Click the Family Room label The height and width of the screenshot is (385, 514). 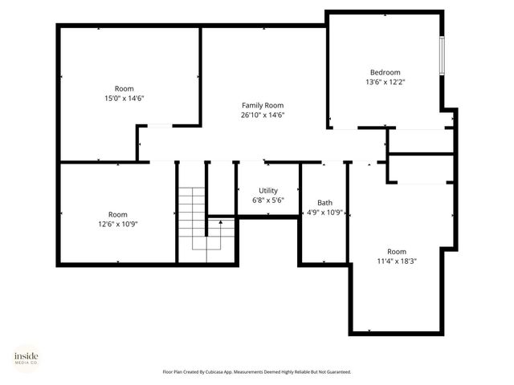(263, 105)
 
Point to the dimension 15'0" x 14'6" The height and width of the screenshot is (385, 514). (124, 99)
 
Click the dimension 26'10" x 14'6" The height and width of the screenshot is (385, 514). (263, 115)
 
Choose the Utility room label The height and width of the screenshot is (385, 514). (267, 190)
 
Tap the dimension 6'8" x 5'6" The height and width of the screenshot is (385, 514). (267, 201)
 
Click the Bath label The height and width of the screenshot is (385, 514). (324, 203)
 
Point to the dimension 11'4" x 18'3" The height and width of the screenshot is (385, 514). (397, 261)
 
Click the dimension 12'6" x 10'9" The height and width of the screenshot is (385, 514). (117, 225)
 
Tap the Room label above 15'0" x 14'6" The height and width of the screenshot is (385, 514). (124, 88)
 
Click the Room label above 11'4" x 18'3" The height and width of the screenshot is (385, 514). (397, 250)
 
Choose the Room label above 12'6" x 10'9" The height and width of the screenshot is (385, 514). (117, 214)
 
